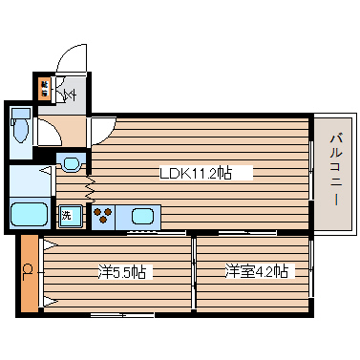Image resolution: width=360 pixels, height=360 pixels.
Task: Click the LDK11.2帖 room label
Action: click(x=196, y=174)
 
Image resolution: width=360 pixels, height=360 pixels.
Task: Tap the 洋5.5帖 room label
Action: click(x=122, y=272)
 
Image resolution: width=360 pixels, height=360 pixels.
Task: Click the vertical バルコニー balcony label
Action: click(x=336, y=173)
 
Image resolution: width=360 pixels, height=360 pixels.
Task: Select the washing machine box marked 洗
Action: click(x=68, y=216)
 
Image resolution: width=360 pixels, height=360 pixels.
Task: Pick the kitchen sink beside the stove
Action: click(x=141, y=214)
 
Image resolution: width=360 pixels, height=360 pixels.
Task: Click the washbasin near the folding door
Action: click(x=70, y=163)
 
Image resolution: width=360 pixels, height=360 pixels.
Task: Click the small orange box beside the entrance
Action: click(x=44, y=89)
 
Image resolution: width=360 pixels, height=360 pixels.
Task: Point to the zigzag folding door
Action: click(x=89, y=178)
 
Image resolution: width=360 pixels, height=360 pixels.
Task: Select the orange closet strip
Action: click(x=29, y=272)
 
